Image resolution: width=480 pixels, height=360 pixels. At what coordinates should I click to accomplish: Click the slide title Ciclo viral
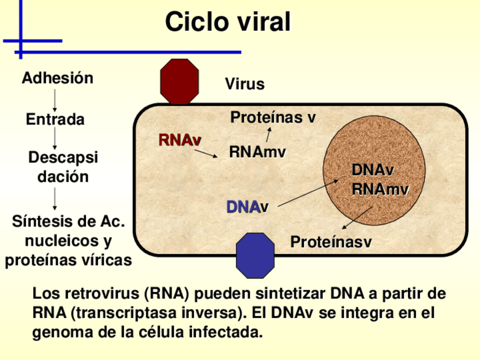pos(228,22)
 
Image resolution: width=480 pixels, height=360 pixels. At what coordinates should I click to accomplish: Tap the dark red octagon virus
pos(179,82)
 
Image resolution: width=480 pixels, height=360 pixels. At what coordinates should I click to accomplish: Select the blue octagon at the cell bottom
pos(255,255)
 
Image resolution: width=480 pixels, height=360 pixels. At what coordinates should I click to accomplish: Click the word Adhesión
pos(57,78)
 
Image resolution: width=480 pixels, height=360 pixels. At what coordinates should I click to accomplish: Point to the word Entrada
pos(55,119)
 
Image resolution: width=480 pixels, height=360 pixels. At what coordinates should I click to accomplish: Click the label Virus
pos(245,84)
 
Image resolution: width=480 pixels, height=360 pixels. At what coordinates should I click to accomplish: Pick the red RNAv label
pos(179,140)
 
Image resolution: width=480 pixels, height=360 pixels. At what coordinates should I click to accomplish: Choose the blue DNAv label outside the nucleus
pos(247,207)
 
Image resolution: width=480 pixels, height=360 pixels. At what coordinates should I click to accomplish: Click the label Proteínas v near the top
pos(273,118)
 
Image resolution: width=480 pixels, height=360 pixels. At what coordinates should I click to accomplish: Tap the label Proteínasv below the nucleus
pos(331,242)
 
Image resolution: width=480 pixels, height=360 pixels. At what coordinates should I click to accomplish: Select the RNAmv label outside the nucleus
pos(257,152)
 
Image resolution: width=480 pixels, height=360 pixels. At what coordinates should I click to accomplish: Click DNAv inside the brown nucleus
pos(372,170)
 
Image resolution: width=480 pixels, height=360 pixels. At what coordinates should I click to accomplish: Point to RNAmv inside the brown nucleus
pos(380,189)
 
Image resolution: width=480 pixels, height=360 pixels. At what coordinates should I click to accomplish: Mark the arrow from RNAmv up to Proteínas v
pos(268,135)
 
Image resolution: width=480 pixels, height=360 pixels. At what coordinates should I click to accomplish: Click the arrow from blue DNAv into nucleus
pos(308,193)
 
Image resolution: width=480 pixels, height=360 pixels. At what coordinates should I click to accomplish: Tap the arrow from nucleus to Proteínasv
pos(357,217)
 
